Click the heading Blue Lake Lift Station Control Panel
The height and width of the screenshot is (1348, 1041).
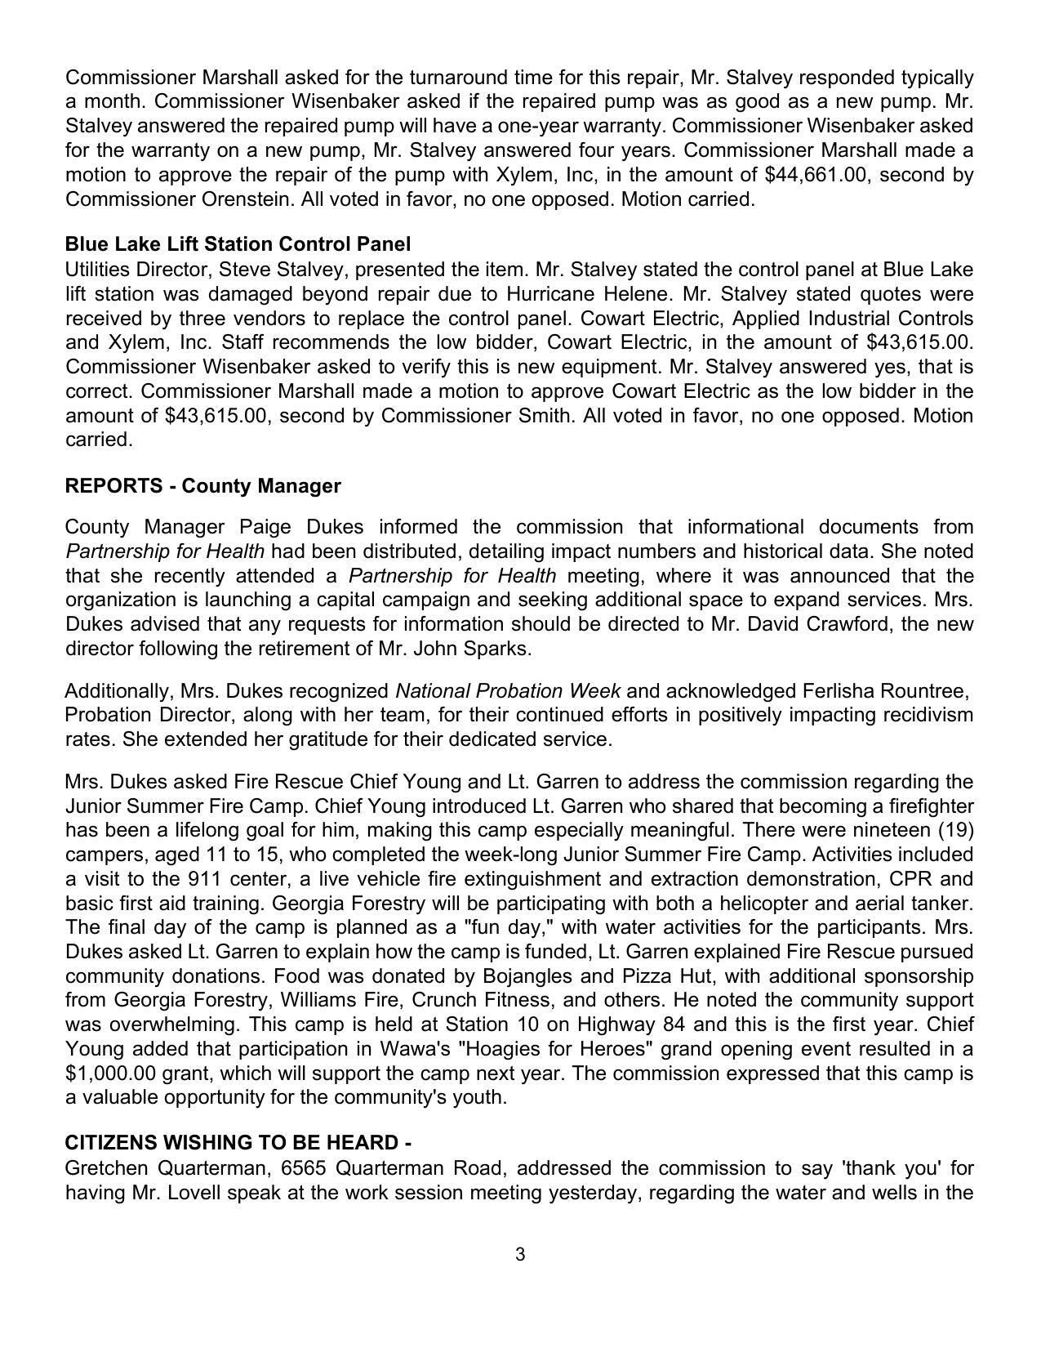point(238,244)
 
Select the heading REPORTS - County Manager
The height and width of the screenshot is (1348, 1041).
point(202,486)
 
